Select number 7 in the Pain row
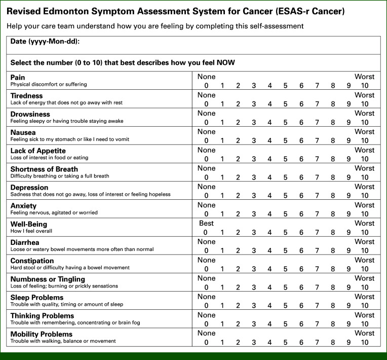tap(317, 85)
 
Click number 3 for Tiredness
tap(254, 103)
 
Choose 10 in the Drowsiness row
tap(365, 122)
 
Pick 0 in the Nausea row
tap(206, 140)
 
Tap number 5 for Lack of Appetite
tap(285, 159)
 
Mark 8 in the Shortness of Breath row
tap(333, 177)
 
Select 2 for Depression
tap(238, 195)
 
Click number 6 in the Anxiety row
tap(301, 213)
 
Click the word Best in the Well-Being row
tap(206, 223)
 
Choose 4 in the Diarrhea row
tap(269, 250)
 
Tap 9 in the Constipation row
tap(349, 269)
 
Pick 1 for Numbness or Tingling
tap(222, 287)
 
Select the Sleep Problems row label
tap(37, 298)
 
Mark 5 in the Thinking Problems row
tap(285, 323)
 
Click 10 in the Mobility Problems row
tap(365, 342)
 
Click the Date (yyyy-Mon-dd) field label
tap(45, 41)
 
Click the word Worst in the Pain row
tap(365, 77)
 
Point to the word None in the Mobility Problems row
tap(206, 333)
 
